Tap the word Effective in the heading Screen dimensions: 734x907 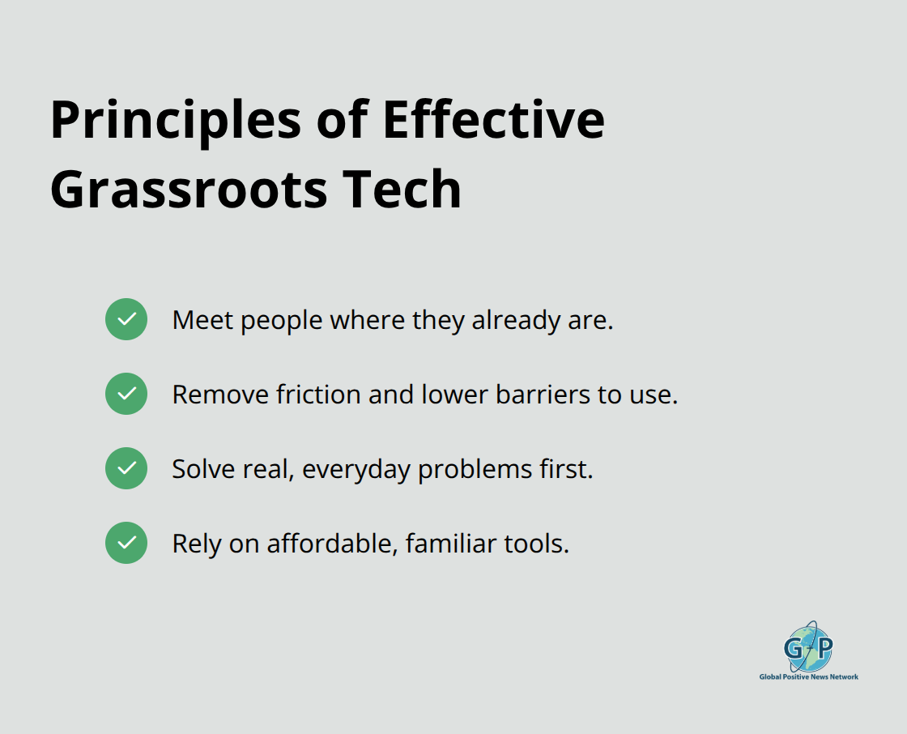(493, 120)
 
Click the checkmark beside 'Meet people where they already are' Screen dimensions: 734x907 (126, 319)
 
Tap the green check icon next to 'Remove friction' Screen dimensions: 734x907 (126, 394)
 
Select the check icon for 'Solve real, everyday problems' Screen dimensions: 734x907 (126, 468)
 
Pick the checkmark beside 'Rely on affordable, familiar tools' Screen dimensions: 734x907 (126, 543)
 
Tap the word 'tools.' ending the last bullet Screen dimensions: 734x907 (539, 544)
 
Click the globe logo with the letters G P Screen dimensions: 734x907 (808, 647)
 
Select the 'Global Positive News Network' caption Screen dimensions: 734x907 (808, 676)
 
